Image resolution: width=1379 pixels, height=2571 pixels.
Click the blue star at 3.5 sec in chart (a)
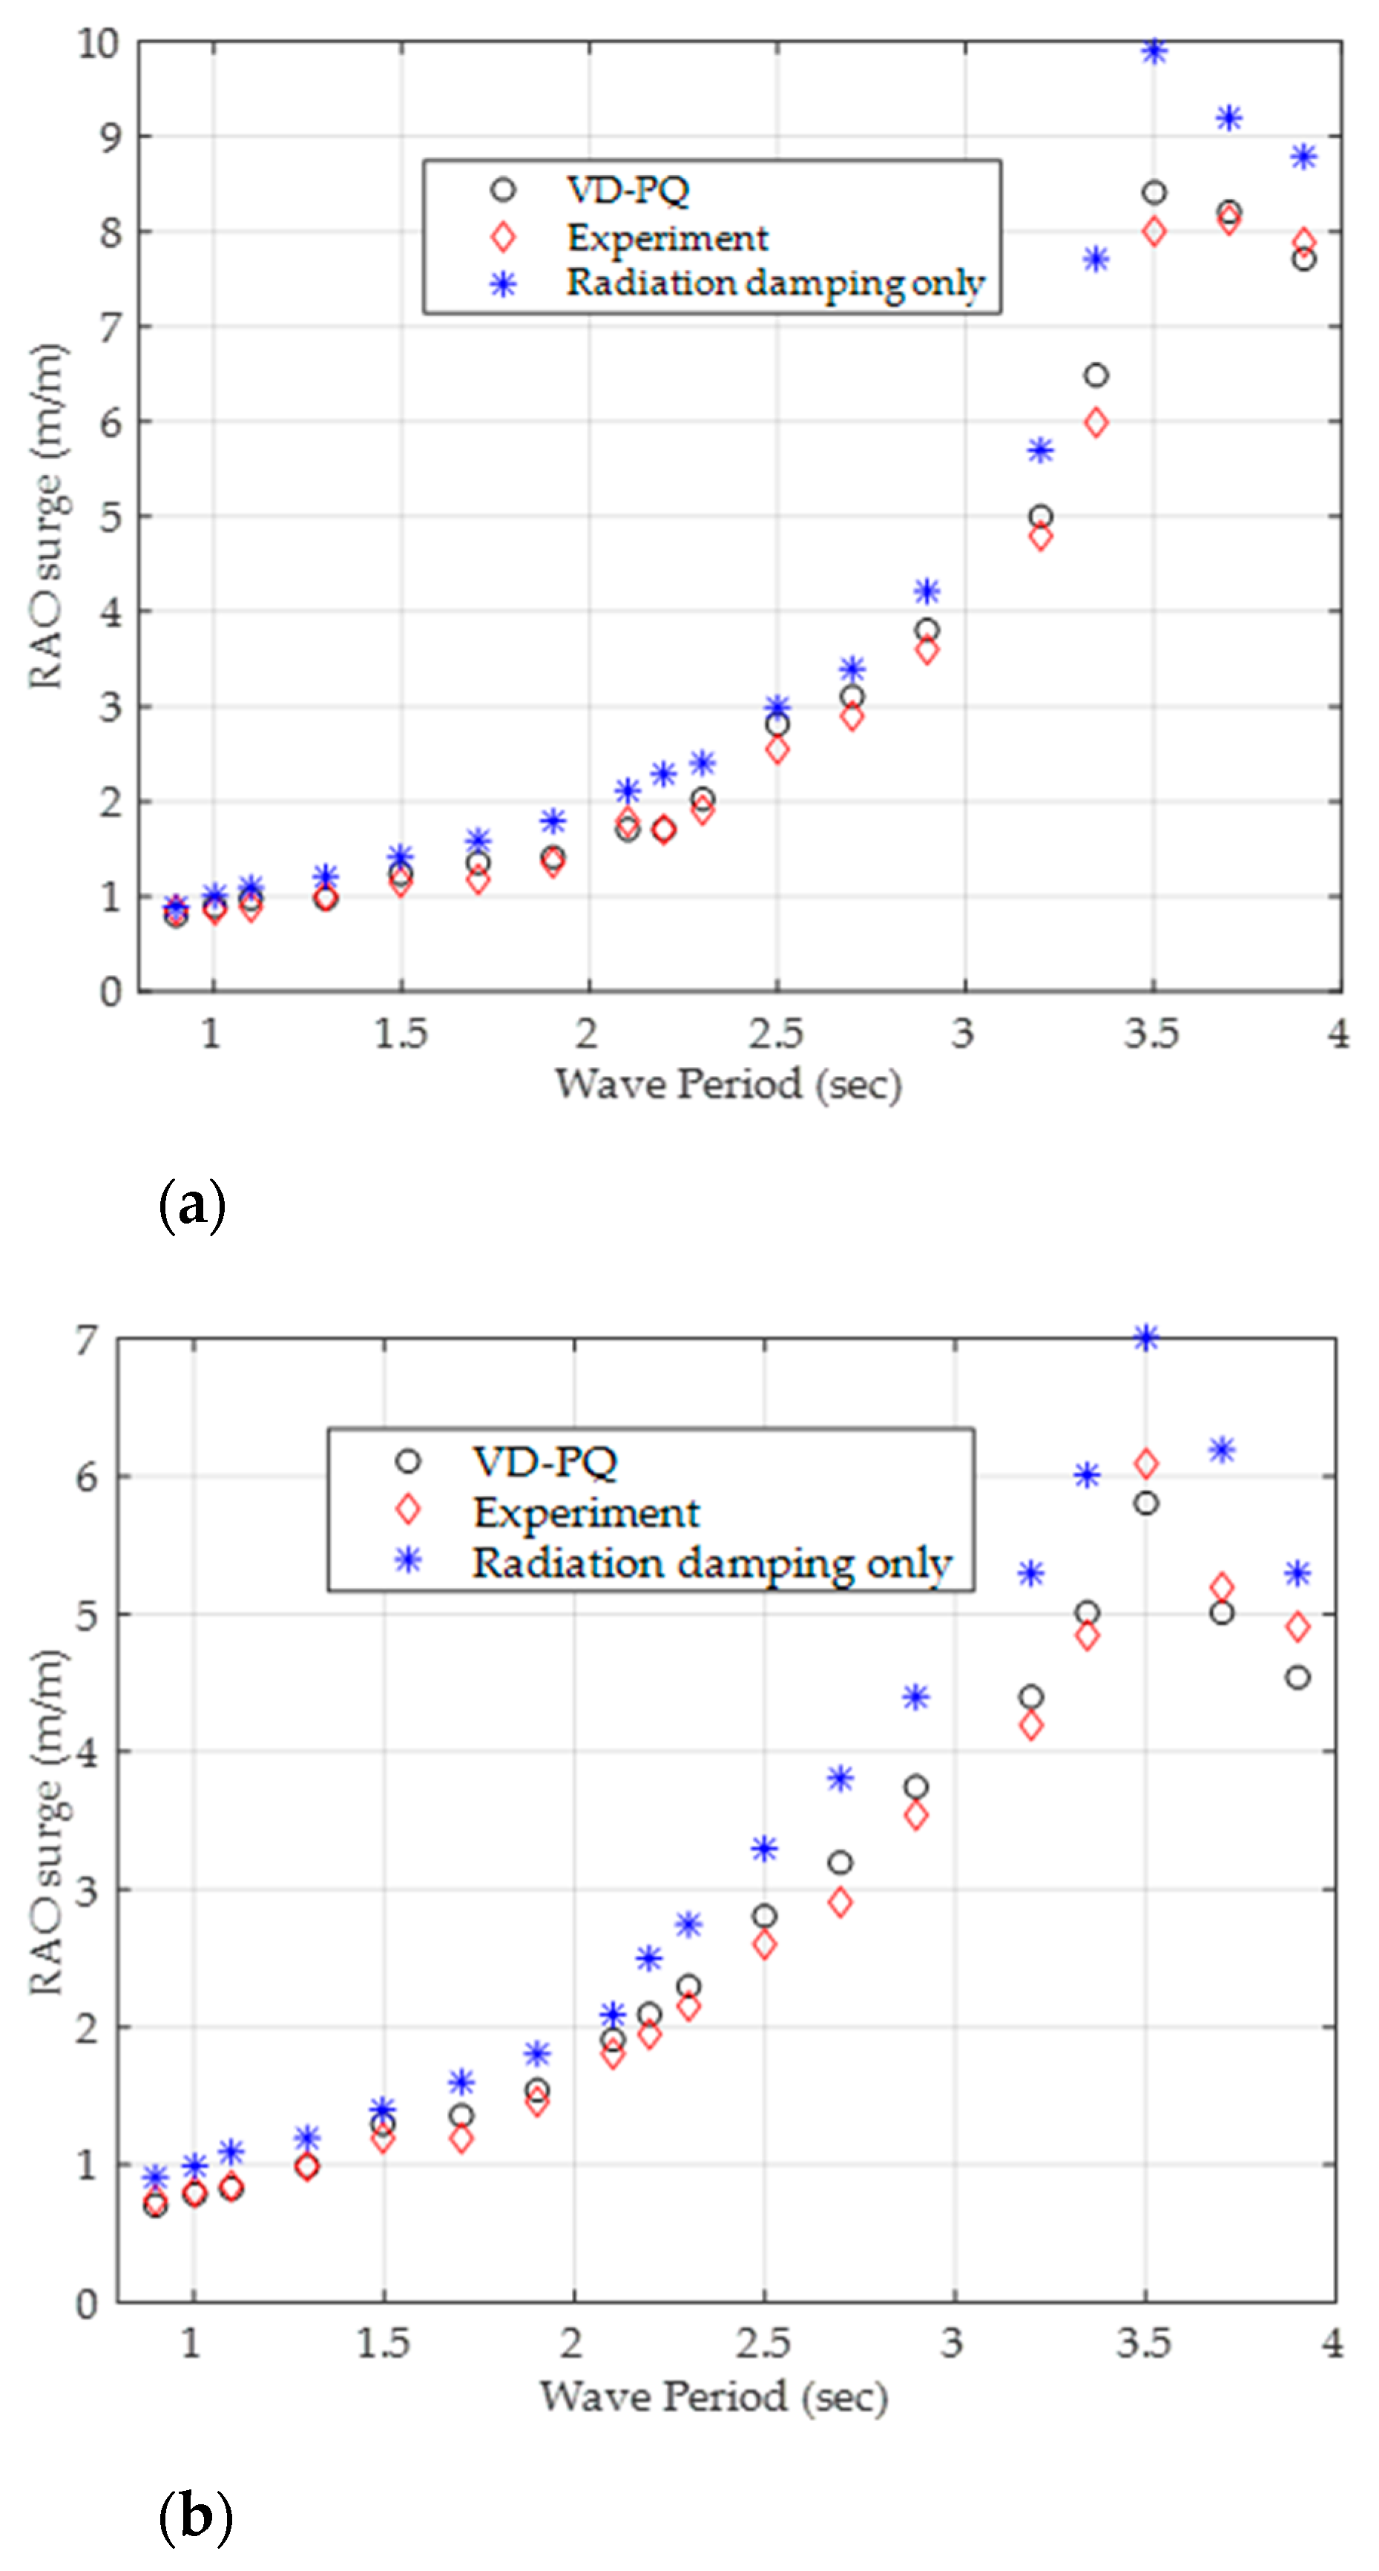coord(1153,52)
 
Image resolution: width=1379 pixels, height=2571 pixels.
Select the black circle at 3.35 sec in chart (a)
coord(1096,375)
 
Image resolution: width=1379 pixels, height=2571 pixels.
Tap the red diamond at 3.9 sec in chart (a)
coord(1303,243)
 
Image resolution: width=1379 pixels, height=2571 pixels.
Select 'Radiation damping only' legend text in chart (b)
coord(711,1563)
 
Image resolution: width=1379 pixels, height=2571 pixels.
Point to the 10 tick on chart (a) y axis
coord(99,43)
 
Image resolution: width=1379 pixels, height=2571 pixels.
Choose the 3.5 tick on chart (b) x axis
coord(1144,2342)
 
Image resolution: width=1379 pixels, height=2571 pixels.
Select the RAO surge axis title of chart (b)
coord(46,1822)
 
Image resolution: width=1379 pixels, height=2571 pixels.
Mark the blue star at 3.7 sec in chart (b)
coord(1221,1450)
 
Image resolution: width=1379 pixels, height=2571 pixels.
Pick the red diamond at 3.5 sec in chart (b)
coord(1145,1464)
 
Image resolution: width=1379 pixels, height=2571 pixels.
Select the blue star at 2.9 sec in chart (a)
coord(927,592)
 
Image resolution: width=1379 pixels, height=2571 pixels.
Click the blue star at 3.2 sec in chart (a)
coord(1040,451)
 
